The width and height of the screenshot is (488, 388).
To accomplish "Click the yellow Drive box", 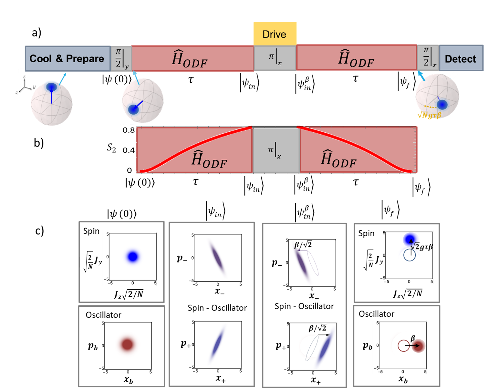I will click(275, 34).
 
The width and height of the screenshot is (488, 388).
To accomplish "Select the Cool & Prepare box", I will click(67, 58).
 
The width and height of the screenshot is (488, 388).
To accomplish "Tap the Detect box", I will click(461, 58).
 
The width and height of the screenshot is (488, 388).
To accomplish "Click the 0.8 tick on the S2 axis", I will click(129, 130).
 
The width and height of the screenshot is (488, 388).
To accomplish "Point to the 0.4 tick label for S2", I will click(129, 150).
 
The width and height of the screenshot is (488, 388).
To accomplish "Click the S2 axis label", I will click(111, 148).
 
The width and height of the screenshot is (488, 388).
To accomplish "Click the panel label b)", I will click(39, 143).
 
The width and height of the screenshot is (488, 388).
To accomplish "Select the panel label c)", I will click(40, 231).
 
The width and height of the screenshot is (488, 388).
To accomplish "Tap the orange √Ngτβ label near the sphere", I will click(429, 115).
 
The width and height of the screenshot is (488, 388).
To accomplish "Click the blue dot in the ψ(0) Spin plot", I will click(133, 256).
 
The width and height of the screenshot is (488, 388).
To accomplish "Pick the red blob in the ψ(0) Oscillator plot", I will click(127, 344).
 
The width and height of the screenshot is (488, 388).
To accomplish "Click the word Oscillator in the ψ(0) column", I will click(103, 315).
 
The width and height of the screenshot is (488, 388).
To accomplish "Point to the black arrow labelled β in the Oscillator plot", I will click(412, 346).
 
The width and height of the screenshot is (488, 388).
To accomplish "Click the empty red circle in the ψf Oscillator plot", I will click(403, 346).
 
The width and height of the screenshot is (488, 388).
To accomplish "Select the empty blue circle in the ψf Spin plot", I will click(410, 255).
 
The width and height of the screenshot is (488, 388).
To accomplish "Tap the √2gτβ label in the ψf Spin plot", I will click(421, 247).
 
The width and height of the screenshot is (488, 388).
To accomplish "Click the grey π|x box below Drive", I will click(275, 58).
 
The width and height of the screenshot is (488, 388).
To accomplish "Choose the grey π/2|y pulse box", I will click(121, 58).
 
